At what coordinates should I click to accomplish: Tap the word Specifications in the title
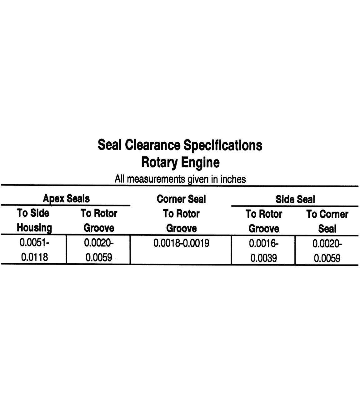pos(222,145)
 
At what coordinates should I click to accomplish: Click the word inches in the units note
pos(233,179)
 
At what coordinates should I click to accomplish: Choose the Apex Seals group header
pos(66,199)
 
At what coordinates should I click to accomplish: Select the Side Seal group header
pos(295,200)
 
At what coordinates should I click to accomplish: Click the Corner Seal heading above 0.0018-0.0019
pos(181,199)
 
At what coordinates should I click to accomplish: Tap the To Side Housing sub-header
pos(33,220)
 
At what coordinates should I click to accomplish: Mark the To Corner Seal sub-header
pos(327,221)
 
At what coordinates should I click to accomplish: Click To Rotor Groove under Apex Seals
pos(99,220)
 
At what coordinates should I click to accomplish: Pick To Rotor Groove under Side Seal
pos(264,221)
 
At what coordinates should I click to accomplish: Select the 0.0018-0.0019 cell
pos(181,243)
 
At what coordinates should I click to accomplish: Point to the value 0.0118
pos(34,257)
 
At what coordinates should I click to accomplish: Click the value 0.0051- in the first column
pos(34,242)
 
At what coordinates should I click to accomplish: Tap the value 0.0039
pos(264,258)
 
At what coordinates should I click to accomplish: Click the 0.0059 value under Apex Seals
pos(99,257)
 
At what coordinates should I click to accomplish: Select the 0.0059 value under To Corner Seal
pos(327,258)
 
